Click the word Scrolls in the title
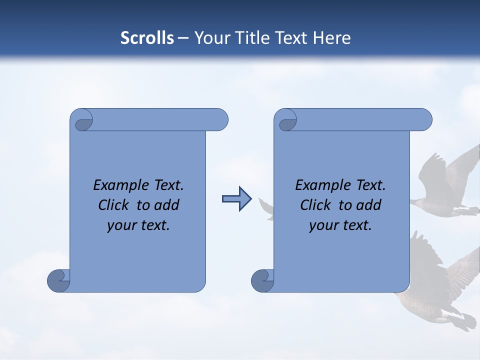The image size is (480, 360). (x=147, y=38)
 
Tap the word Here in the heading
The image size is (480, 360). (x=331, y=38)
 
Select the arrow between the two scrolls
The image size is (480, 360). (x=236, y=199)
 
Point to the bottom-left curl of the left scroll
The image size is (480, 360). (x=58, y=280)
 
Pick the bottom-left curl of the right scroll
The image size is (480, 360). (x=262, y=280)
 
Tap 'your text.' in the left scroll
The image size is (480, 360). (x=138, y=225)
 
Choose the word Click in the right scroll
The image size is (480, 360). (x=315, y=205)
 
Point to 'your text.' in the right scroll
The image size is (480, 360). (x=340, y=225)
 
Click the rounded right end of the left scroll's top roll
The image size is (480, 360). (x=220, y=120)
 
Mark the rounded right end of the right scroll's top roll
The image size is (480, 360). (x=424, y=120)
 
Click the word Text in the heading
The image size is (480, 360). (x=291, y=38)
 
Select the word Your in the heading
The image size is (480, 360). (x=210, y=38)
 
